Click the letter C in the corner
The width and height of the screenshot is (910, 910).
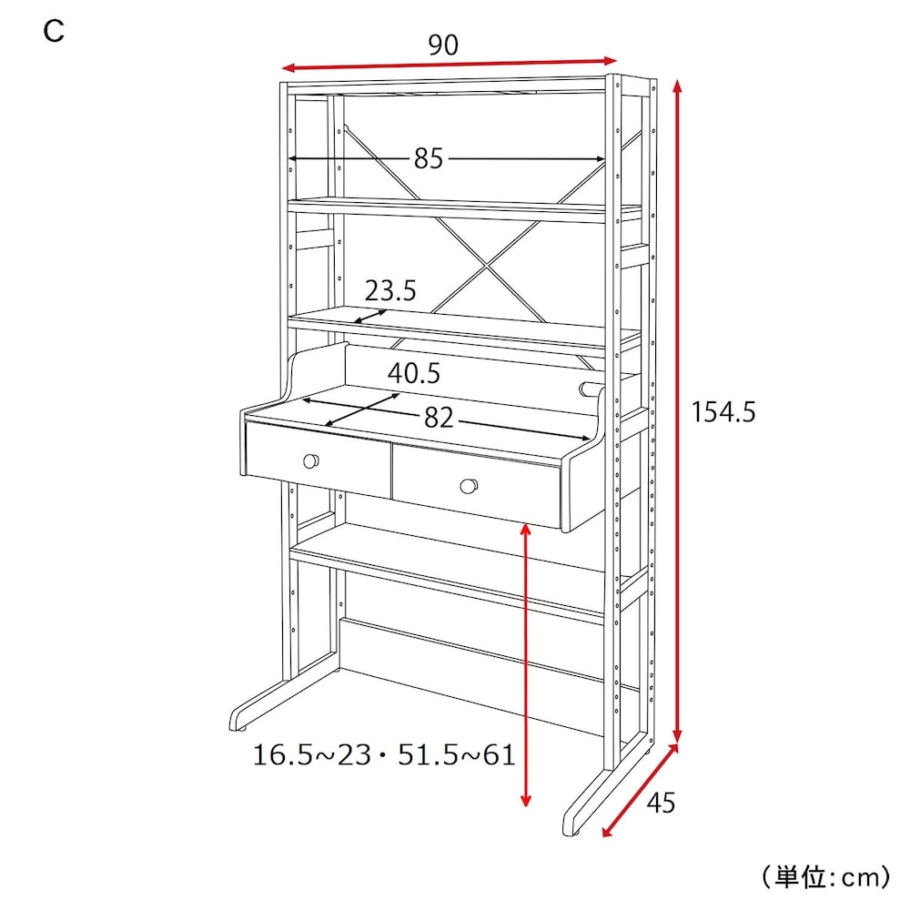point(54,31)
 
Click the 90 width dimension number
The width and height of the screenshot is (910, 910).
point(443,45)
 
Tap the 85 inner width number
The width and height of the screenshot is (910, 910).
point(429,157)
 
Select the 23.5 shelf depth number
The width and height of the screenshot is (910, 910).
point(390,289)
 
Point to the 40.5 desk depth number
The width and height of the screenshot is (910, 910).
point(414,372)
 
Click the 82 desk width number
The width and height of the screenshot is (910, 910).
point(439,418)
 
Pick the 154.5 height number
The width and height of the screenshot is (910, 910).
point(723,412)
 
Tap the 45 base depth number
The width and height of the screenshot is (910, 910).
point(661,803)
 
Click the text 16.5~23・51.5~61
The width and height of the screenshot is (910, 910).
point(384,755)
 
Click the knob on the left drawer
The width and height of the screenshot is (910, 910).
point(311,461)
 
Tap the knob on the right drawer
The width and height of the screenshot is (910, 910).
point(469,486)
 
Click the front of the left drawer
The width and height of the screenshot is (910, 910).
point(318,460)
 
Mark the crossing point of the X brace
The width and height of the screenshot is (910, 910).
point(486,265)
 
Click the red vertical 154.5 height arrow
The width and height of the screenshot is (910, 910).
point(677,411)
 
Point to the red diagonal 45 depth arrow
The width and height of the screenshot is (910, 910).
point(640,790)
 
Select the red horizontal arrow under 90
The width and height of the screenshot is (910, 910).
point(449,64)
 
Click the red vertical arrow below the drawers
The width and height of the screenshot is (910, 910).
point(526,665)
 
